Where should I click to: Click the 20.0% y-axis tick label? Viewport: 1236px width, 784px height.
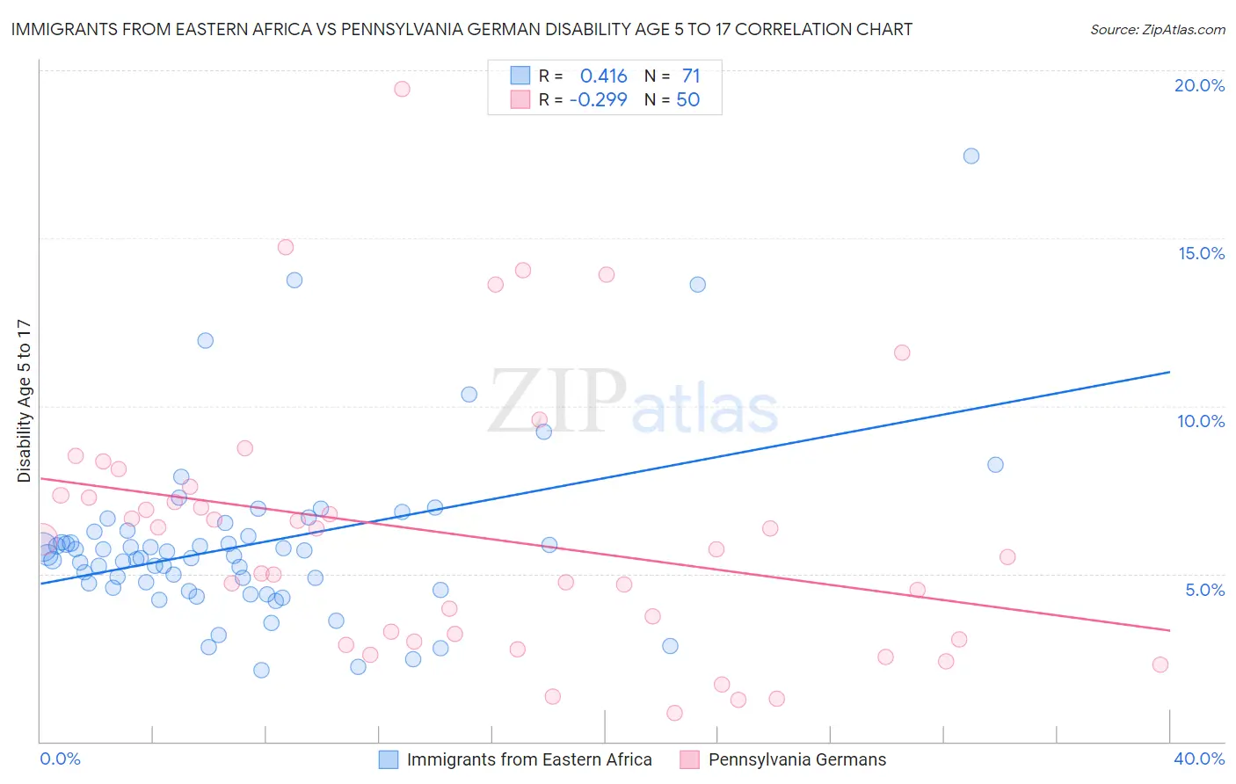pyautogui.click(x=1199, y=85)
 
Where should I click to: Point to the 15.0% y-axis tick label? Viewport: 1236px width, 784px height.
pyautogui.click(x=1201, y=253)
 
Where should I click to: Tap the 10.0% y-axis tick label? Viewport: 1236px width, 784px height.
pyautogui.click(x=1201, y=421)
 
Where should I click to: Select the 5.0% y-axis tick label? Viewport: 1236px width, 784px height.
pyautogui.click(x=1204, y=590)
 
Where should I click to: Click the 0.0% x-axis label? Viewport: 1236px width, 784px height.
pyautogui.click(x=60, y=759)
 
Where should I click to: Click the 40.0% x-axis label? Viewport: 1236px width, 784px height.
pyautogui.click(x=1198, y=759)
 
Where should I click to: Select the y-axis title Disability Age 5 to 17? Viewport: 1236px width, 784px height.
pyautogui.click(x=24, y=401)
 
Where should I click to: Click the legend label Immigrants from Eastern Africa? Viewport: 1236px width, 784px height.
pyautogui.click(x=529, y=760)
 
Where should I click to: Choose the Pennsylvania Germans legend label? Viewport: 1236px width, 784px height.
pyautogui.click(x=797, y=760)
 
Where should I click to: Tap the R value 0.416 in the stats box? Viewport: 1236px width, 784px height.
pyautogui.click(x=603, y=76)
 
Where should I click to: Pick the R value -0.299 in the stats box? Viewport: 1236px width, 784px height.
pyautogui.click(x=598, y=100)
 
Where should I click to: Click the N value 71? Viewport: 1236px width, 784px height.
pyautogui.click(x=691, y=76)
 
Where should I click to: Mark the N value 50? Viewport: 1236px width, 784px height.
pyautogui.click(x=687, y=100)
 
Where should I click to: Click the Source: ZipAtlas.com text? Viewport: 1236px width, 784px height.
pyautogui.click(x=1157, y=30)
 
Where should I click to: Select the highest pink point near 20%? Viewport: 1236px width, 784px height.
pyautogui.click(x=402, y=89)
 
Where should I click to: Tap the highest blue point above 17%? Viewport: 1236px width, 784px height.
pyautogui.click(x=971, y=156)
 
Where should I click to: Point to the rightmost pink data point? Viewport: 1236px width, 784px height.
pyautogui.click(x=1160, y=664)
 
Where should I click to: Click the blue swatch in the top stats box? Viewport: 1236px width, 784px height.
pyautogui.click(x=520, y=76)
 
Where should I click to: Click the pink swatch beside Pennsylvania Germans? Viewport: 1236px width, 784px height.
pyautogui.click(x=689, y=760)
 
